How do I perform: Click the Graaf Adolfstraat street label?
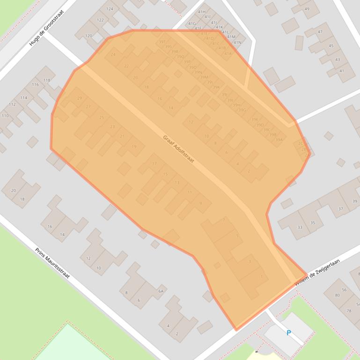[x=178, y=149]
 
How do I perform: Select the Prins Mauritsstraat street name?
[x=52, y=263]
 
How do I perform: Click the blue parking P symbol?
[x=289, y=333]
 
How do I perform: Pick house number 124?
[x=110, y=9]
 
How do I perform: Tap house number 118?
[x=47, y=80]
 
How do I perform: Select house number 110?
[x=5, y=116]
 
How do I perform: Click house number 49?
[x=307, y=9]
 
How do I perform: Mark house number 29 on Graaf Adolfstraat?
[x=80, y=98]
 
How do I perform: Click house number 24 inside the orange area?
[x=113, y=55]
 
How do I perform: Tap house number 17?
[x=154, y=164]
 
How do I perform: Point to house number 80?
[x=337, y=295]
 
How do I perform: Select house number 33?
[x=300, y=227]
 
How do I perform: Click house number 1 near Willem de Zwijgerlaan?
[x=261, y=277]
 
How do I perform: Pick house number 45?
[x=331, y=46]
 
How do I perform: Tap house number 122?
[x=100, y=20]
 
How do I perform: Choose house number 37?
[x=340, y=209]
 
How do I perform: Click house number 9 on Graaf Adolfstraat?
[x=200, y=203]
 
